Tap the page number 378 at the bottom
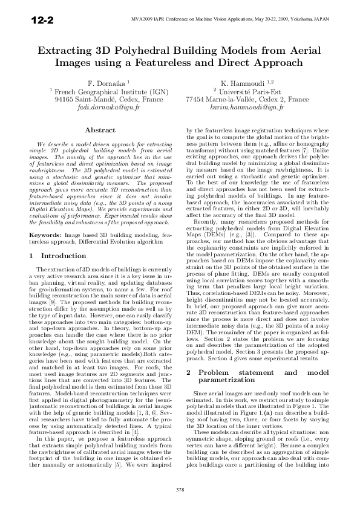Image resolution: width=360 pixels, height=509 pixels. point(180,488)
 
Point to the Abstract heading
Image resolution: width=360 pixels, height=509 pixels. point(100,131)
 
